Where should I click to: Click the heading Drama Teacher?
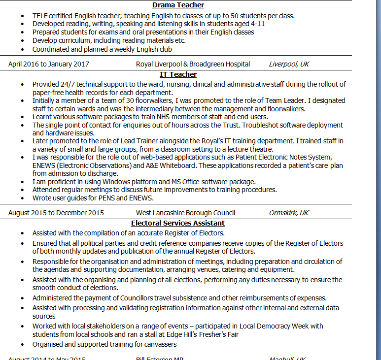click(x=178, y=5)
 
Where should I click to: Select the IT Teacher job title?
click(x=178, y=74)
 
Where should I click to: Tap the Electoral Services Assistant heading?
click(x=178, y=223)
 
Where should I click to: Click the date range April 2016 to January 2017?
click(x=49, y=64)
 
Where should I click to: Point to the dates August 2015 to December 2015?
click(x=56, y=213)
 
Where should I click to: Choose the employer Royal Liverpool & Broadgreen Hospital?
click(x=193, y=64)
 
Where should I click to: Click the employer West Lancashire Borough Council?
click(x=185, y=213)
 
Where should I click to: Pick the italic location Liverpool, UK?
click(x=289, y=64)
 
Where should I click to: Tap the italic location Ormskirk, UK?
click(x=289, y=213)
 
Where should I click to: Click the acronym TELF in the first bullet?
click(x=40, y=16)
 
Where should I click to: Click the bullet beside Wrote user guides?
click(x=22, y=198)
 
